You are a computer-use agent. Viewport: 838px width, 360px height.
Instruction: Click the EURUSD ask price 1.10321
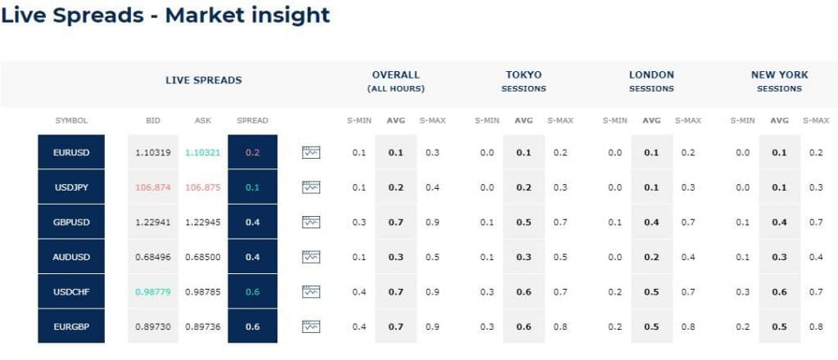click(203, 152)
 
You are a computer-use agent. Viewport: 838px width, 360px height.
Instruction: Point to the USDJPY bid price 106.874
click(153, 187)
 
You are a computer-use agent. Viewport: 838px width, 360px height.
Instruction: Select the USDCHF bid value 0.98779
click(153, 291)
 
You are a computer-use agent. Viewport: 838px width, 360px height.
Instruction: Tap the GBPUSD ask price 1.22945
click(203, 222)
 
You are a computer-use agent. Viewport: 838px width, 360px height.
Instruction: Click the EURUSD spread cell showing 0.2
click(252, 152)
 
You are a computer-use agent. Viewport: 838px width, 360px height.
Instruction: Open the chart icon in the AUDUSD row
click(311, 257)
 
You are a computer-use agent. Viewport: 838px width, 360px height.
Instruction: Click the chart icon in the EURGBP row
click(311, 326)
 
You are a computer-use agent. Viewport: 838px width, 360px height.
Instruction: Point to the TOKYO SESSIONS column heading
click(524, 81)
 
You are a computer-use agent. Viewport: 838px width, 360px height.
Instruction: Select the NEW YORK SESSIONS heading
click(779, 81)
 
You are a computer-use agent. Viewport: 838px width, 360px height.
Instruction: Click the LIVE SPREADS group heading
click(203, 80)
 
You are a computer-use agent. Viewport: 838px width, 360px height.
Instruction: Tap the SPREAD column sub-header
click(252, 120)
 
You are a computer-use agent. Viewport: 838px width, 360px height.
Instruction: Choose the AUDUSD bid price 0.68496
click(153, 257)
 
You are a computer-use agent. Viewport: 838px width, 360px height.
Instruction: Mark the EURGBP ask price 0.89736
click(203, 326)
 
